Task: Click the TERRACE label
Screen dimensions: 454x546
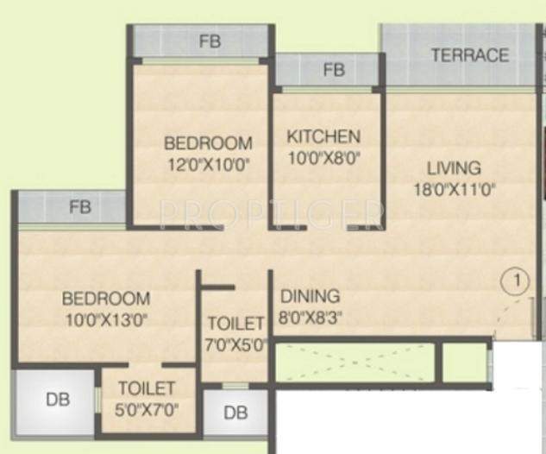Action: click(x=469, y=55)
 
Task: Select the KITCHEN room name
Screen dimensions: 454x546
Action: click(x=323, y=137)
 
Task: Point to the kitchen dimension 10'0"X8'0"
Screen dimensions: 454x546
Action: click(x=323, y=157)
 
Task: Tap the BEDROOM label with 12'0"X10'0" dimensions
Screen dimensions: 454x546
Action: click(x=208, y=143)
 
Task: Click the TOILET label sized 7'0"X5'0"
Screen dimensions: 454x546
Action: click(x=235, y=324)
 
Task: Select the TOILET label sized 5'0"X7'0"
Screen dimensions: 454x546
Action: click(x=148, y=389)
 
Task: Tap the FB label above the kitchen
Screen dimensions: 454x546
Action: click(x=334, y=70)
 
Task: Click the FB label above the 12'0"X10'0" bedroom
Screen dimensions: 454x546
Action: click(x=207, y=41)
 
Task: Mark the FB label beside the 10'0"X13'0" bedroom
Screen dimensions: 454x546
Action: click(x=80, y=207)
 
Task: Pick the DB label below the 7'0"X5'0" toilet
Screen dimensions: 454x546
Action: click(x=235, y=413)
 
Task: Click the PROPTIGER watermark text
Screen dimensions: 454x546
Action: click(x=272, y=212)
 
